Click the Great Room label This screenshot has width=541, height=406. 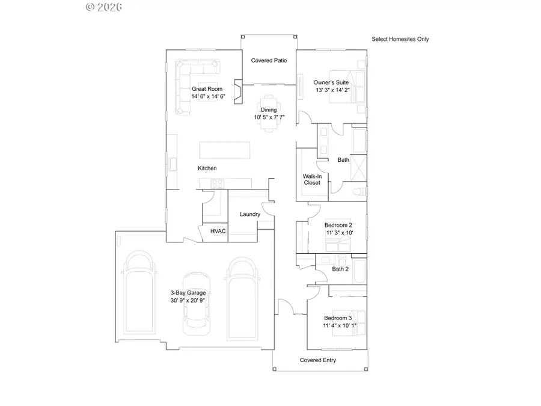[x=207, y=89]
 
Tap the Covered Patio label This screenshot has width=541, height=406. [x=269, y=60]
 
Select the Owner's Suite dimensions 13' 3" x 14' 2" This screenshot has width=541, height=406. [x=331, y=90]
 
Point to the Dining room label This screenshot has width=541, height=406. [x=269, y=109]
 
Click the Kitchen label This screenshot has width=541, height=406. [x=207, y=168]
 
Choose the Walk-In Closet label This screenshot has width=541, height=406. [x=311, y=179]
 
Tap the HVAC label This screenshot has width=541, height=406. [x=218, y=231]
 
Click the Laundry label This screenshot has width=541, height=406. [x=249, y=214]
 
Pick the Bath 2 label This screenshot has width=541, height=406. [x=340, y=269]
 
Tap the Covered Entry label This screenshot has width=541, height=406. [x=318, y=360]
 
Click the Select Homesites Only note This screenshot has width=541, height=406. [x=400, y=39]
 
